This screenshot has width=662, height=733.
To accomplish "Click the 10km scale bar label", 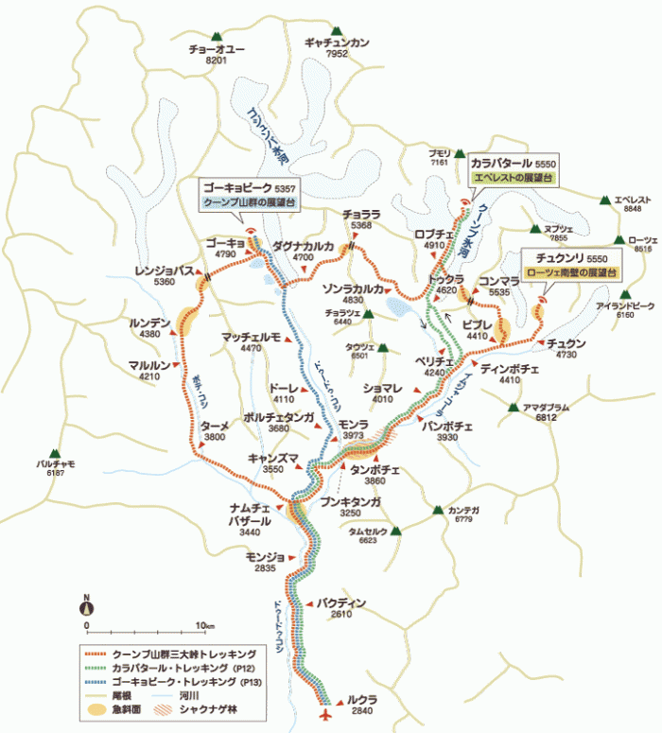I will coord(204,626).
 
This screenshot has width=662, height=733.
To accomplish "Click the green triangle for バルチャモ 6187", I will coord(56,453).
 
